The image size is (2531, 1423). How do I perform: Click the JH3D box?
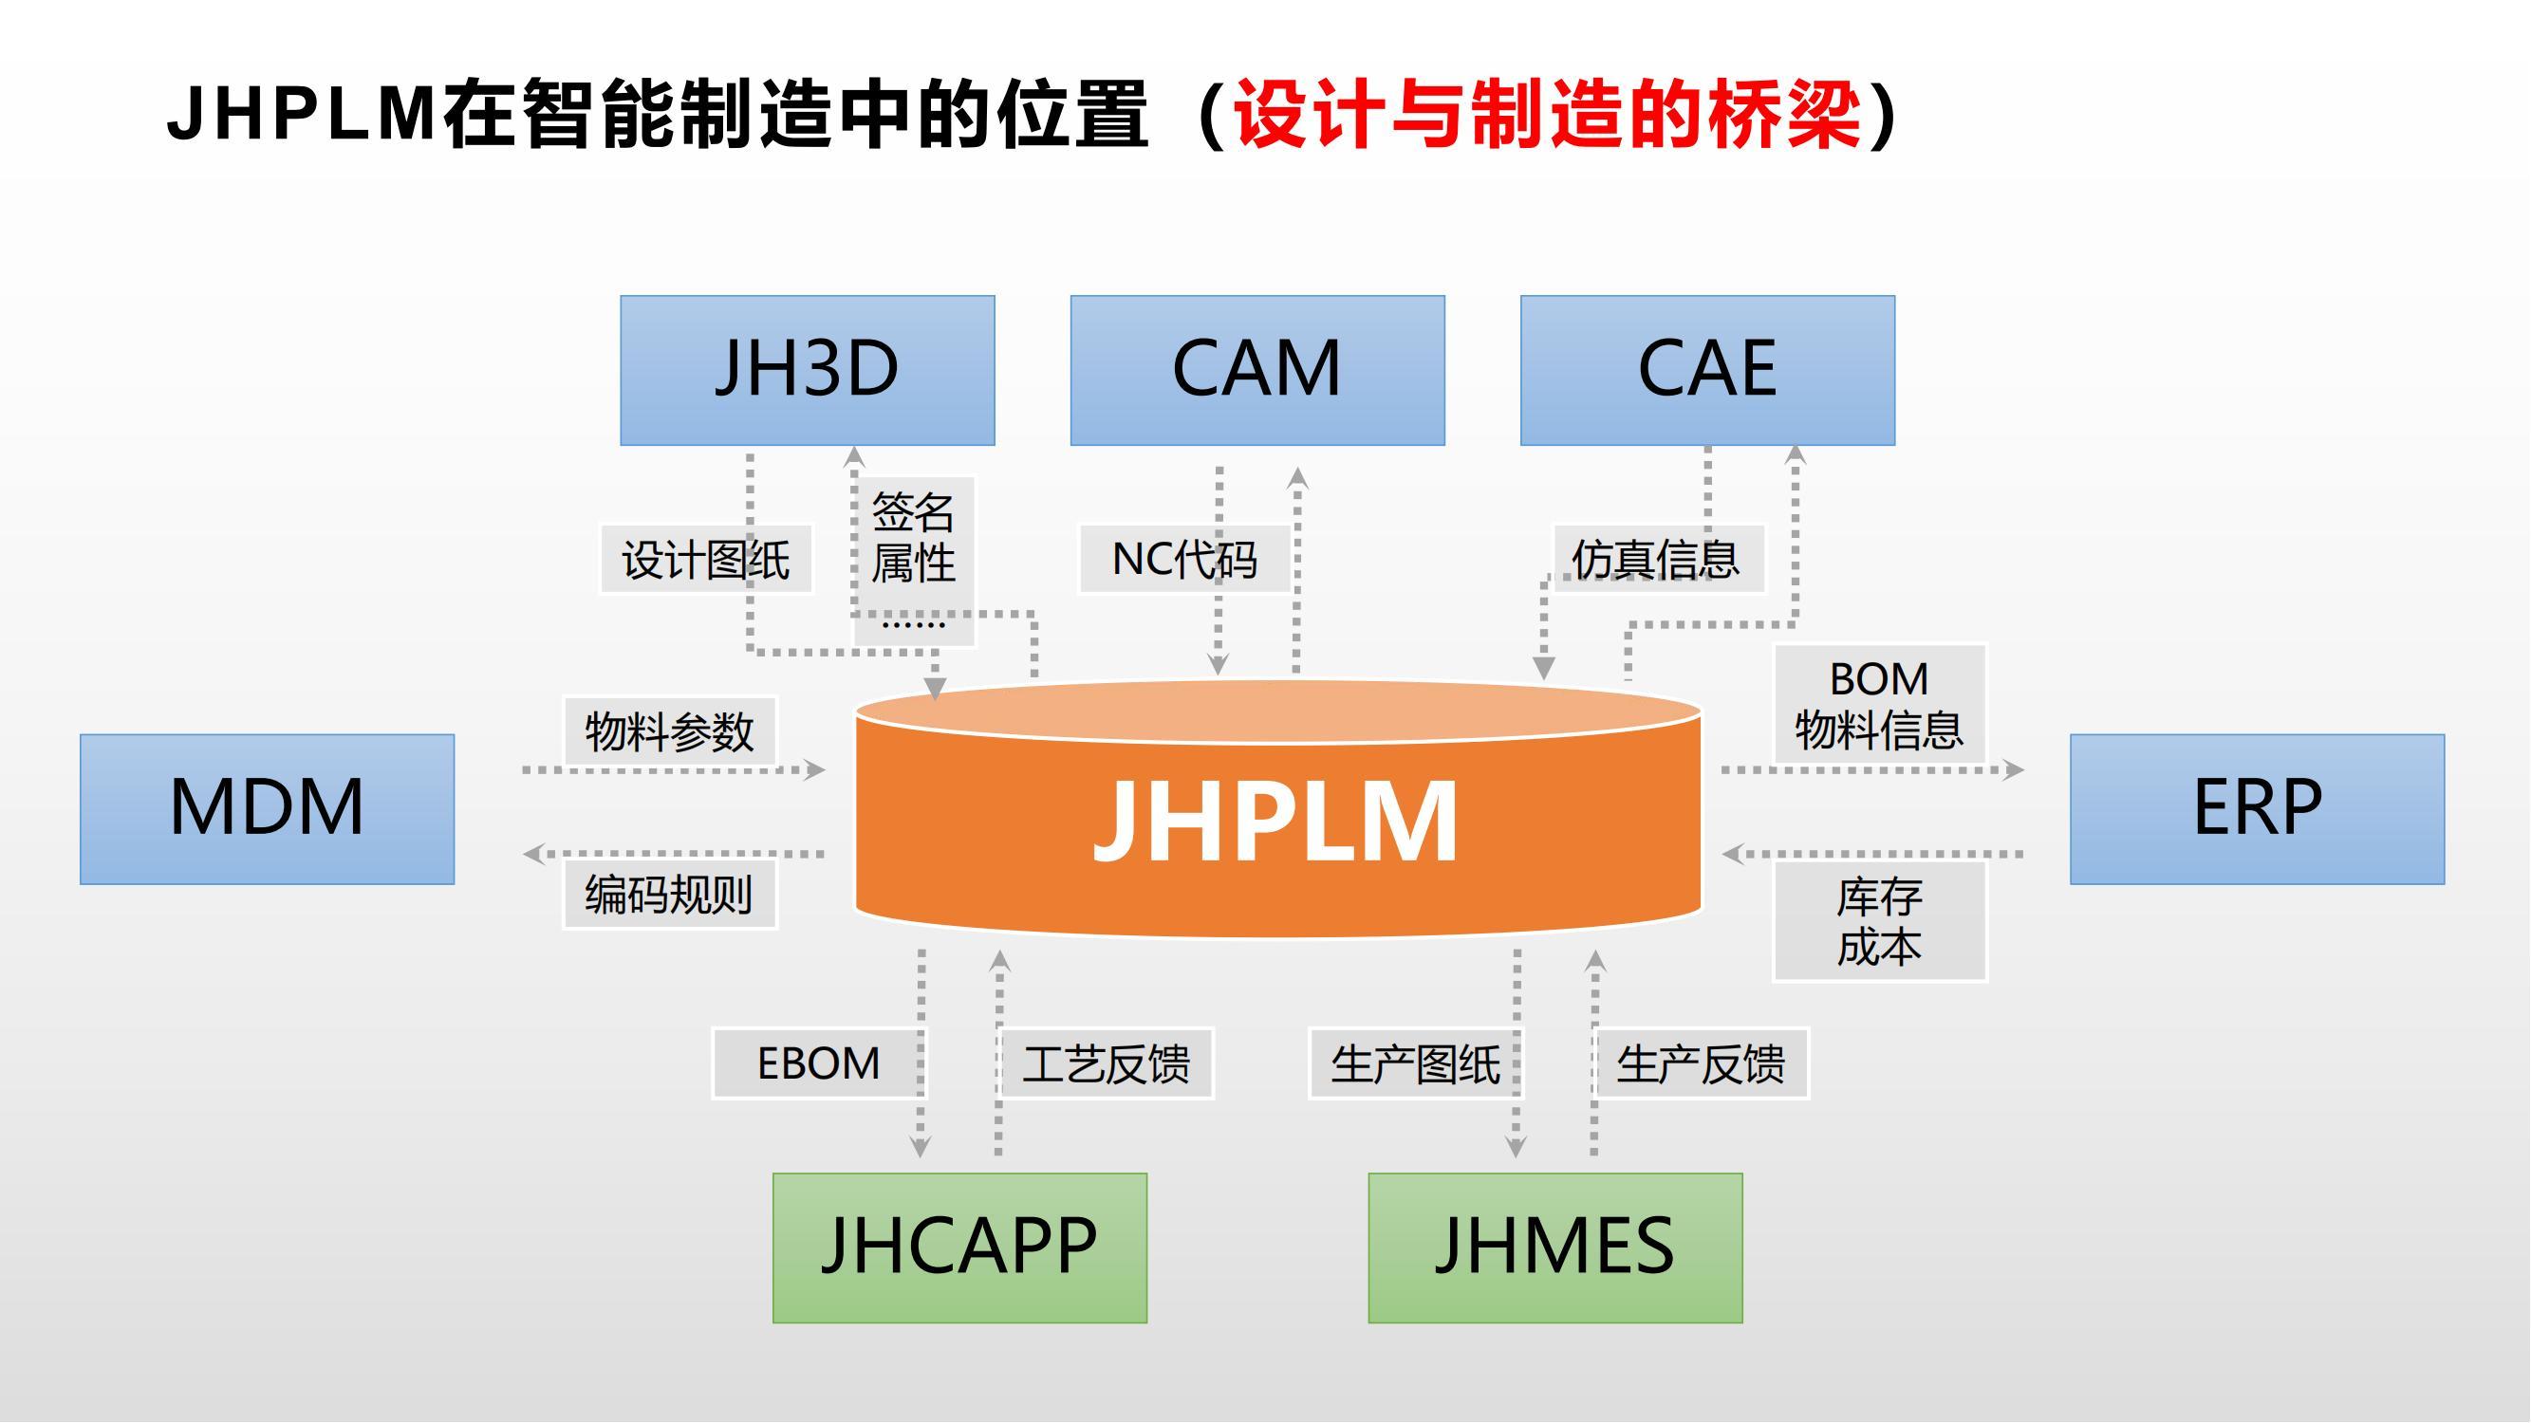807,370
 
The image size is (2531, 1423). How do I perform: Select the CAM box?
1256,370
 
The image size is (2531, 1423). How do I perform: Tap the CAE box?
1706,370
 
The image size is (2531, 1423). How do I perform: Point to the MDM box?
268,808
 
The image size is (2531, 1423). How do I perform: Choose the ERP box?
2257,808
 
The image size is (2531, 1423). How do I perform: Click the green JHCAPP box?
958,1247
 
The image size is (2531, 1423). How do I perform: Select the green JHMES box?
1554,1247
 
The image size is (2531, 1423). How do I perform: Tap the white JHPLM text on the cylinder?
1275,821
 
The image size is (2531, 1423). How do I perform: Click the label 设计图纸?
705,560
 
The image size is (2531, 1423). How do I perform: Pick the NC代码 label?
1184,560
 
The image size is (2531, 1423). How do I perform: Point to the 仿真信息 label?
1657,560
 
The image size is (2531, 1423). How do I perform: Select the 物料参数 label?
669,731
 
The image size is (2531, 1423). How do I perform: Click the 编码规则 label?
669,895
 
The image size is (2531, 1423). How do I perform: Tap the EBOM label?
817,1063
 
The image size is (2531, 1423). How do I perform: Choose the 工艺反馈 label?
1107,1063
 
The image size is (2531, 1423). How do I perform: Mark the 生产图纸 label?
1415,1063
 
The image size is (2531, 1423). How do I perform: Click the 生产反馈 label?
1700,1063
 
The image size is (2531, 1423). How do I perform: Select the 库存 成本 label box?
1879,921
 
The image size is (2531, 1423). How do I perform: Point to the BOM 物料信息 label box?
1879,704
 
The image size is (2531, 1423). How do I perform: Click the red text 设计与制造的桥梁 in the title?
1546,116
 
